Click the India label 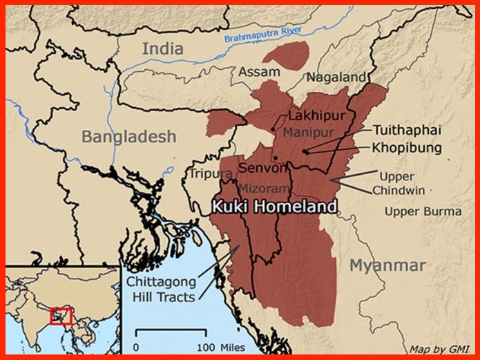click(163, 48)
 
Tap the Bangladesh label click(129, 137)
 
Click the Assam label click(259, 71)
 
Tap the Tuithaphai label click(407, 129)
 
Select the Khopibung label click(406, 147)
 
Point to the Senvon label click(261, 168)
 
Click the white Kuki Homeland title click(274, 206)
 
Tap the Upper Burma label click(423, 211)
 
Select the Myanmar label click(387, 265)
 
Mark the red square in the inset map click(61, 316)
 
